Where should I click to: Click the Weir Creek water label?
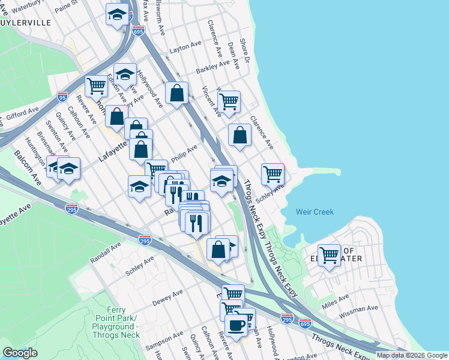pos(315,212)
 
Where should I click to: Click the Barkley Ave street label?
pos(213,65)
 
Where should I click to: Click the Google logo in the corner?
pos(20,353)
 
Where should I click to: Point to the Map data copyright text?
pos(411,355)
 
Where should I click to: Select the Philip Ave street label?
pos(184,152)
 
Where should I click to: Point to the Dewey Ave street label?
pos(167,297)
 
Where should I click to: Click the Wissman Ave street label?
pos(358,311)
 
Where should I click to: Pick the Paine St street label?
pos(66,6)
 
